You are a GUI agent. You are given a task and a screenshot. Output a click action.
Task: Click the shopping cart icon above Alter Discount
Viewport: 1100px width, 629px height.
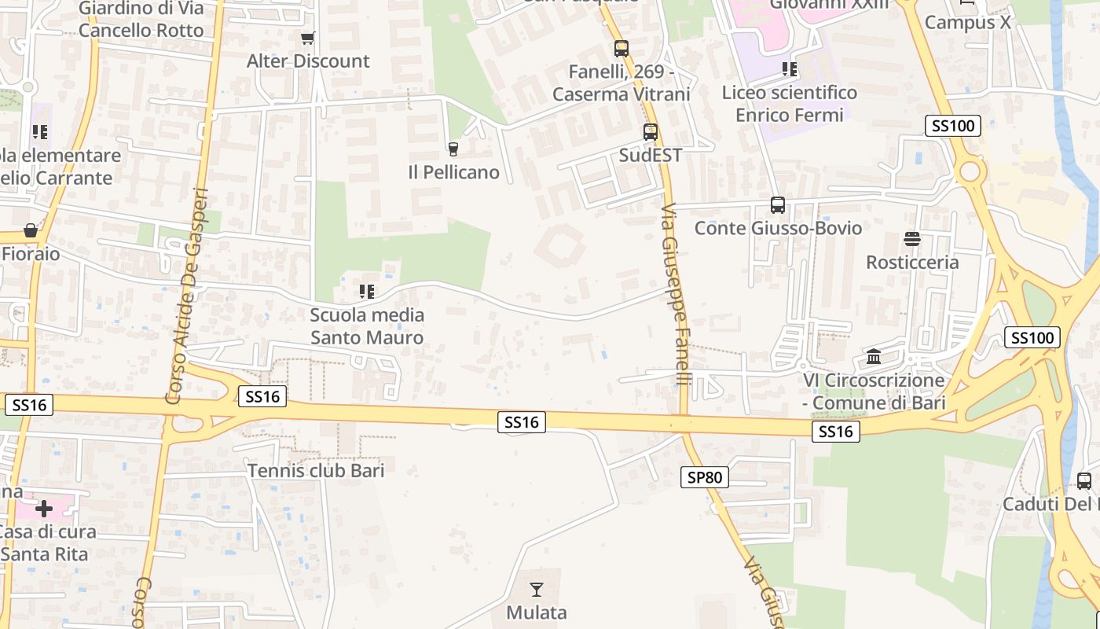click(308, 38)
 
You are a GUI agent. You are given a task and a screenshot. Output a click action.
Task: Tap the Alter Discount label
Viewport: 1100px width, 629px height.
click(308, 61)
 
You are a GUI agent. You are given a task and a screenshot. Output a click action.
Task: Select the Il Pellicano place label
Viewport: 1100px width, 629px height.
click(453, 172)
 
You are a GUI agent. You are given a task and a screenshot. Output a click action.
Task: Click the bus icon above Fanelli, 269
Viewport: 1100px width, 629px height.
click(621, 49)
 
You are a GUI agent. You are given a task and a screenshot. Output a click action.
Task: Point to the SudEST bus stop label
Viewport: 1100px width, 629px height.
click(651, 156)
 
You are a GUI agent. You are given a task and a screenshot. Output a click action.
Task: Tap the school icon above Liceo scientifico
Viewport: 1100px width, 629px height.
click(790, 70)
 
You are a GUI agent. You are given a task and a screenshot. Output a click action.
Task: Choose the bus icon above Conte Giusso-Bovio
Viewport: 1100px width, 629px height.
click(778, 205)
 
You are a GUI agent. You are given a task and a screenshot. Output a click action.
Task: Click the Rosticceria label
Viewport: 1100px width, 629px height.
click(912, 262)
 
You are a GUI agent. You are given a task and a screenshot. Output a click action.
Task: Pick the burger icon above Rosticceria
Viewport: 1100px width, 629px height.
click(912, 238)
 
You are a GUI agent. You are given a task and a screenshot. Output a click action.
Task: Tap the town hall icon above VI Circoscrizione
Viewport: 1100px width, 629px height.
click(874, 357)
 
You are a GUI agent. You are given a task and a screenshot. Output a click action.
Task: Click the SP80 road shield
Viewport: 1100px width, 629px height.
click(705, 477)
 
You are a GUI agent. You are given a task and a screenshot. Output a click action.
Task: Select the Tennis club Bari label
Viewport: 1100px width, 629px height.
click(316, 471)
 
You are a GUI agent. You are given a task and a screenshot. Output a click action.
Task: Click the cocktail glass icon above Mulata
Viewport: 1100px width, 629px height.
click(537, 589)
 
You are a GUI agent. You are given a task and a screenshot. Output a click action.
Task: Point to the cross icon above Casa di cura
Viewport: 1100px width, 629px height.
click(44, 508)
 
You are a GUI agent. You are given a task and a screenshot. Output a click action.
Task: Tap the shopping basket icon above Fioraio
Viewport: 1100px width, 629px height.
click(31, 230)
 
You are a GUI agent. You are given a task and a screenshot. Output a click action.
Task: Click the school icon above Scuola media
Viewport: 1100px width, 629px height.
click(366, 292)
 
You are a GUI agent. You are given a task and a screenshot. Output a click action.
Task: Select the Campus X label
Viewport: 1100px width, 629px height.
click(968, 22)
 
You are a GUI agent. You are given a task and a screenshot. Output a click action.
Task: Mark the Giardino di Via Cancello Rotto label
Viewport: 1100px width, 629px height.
click(141, 20)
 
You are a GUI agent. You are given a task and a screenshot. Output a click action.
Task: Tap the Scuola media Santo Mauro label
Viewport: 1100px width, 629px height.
click(367, 326)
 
